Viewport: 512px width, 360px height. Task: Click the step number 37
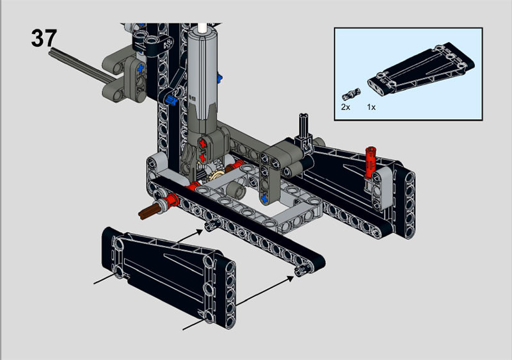coord(44,38)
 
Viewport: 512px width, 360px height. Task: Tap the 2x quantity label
coord(346,107)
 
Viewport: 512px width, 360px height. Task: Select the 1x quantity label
coord(371,107)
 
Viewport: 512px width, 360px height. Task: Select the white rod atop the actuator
coord(204,28)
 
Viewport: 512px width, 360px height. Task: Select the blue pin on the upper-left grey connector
coord(140,67)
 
